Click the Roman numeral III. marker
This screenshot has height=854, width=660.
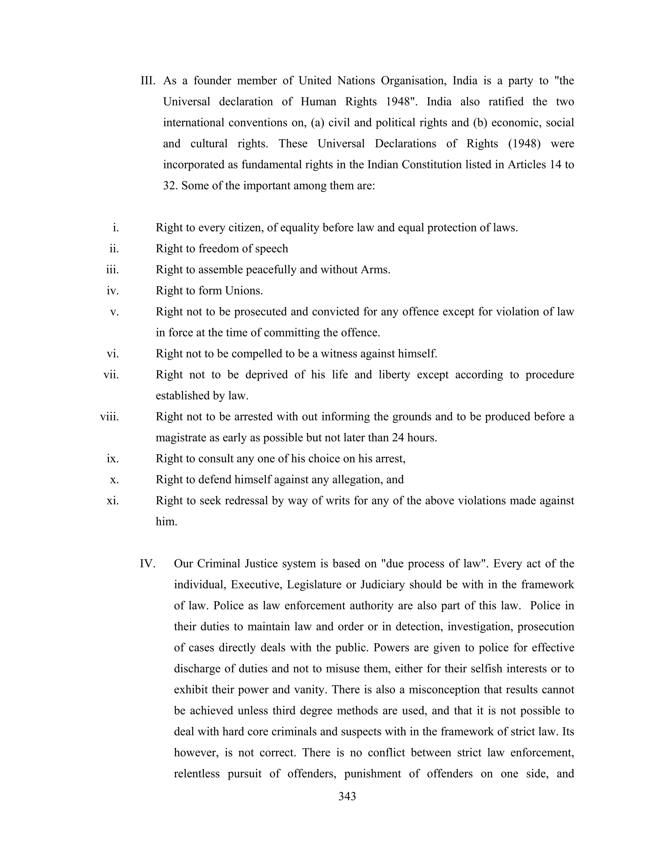(x=148, y=81)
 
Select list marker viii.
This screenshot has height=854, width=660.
(x=109, y=417)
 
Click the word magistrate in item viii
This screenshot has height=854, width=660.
(x=181, y=438)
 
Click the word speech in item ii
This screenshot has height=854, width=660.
(x=271, y=249)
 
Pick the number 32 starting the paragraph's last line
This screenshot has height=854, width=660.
(x=170, y=185)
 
